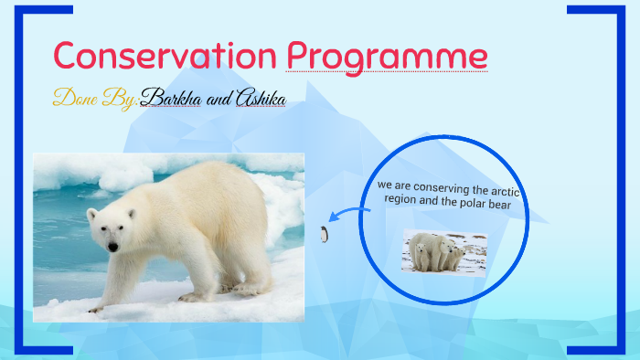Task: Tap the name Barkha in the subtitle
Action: click(175, 98)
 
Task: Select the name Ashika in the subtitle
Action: click(260, 98)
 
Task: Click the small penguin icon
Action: click(324, 234)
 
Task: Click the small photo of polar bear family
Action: click(443, 253)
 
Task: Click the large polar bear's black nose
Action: click(112, 247)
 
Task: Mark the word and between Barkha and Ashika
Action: click(220, 100)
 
